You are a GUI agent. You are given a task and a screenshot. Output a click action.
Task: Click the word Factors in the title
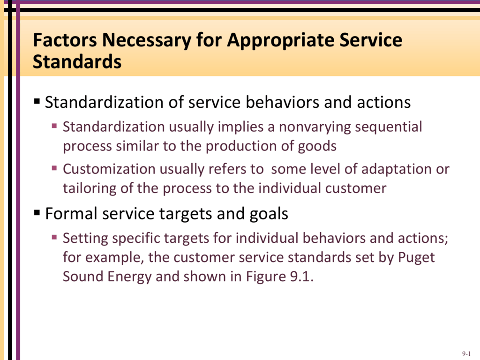click(x=65, y=40)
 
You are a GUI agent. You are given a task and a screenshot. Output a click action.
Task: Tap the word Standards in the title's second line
click(x=77, y=61)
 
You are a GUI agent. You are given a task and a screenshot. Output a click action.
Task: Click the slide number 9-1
click(x=466, y=353)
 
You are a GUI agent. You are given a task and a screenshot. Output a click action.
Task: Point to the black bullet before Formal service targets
click(x=37, y=212)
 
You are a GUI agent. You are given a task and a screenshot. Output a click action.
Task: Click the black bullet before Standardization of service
click(x=37, y=101)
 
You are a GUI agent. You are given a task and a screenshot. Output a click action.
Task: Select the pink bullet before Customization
click(x=54, y=168)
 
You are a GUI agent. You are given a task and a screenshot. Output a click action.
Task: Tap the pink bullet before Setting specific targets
click(x=54, y=237)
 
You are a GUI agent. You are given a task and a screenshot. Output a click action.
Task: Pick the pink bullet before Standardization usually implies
click(x=54, y=126)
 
